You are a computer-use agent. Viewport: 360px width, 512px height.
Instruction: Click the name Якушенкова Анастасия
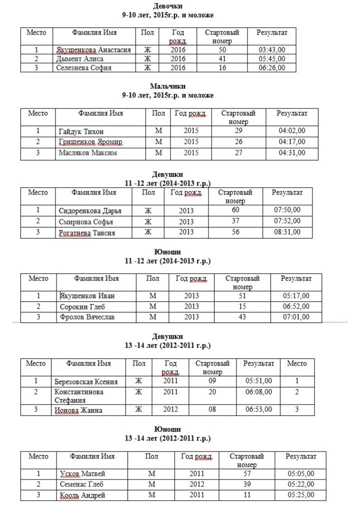pos(93,50)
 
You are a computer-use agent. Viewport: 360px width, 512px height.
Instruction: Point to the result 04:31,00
pos(291,153)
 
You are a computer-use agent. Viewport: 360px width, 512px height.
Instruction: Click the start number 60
pos(235,210)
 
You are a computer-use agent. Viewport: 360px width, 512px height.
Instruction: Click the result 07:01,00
pos(296,317)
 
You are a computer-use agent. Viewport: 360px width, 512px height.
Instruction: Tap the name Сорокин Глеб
pos(79,306)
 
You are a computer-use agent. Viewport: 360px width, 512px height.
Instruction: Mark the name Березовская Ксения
pos(86,382)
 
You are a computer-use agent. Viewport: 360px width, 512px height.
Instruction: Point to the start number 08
pos(212,410)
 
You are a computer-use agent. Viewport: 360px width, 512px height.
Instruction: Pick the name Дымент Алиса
pos(79,59)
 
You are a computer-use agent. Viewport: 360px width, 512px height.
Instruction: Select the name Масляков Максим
pos(87,153)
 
